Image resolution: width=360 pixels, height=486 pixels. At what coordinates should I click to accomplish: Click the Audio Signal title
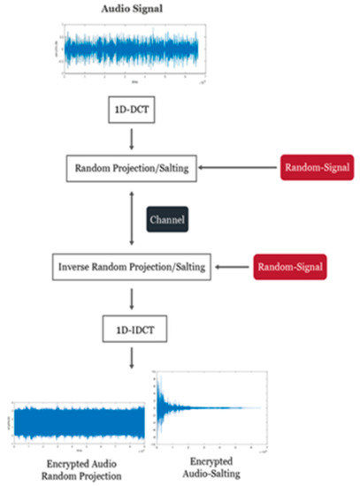pos(131,9)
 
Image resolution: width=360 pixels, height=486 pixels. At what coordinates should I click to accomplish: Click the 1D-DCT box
pos(130,113)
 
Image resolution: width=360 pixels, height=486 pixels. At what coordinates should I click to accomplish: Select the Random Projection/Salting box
pos(130,165)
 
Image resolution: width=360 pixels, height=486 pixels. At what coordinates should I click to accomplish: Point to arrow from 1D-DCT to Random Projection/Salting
pos(130,139)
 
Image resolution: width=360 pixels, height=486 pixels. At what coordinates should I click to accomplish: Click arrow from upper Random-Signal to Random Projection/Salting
pos(234,165)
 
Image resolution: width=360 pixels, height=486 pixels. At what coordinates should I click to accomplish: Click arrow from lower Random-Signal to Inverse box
pos(227,265)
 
